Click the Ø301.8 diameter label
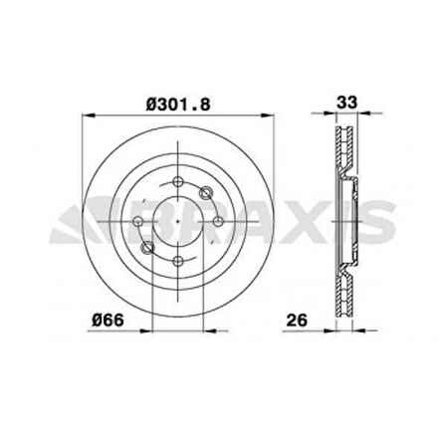click(178, 105)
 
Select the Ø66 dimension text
click(108, 321)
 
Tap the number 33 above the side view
click(347, 103)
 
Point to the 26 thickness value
click(297, 321)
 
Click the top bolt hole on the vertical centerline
click(178, 182)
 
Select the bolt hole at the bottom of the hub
click(178, 261)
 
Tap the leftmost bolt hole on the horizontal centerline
click(138, 221)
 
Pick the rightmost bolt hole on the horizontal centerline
click(218, 221)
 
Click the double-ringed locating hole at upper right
click(205, 192)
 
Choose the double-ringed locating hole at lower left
click(147, 247)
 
